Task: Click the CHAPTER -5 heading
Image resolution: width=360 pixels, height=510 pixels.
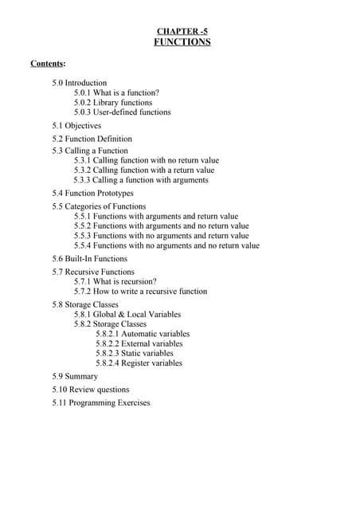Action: (182, 31)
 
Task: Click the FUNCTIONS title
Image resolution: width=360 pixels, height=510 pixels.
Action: (182, 42)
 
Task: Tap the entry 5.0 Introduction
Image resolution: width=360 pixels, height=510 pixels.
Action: (80, 83)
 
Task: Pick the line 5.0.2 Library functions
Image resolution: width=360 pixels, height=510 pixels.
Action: (113, 103)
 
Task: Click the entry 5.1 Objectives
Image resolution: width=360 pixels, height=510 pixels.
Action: (76, 126)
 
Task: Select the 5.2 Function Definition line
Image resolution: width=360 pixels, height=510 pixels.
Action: (92, 139)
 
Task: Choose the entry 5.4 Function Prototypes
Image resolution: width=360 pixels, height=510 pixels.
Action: (93, 194)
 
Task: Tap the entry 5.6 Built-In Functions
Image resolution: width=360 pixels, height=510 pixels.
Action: (90, 259)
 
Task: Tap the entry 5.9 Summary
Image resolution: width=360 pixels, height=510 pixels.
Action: (76, 376)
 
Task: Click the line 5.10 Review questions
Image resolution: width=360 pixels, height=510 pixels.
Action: (91, 390)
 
